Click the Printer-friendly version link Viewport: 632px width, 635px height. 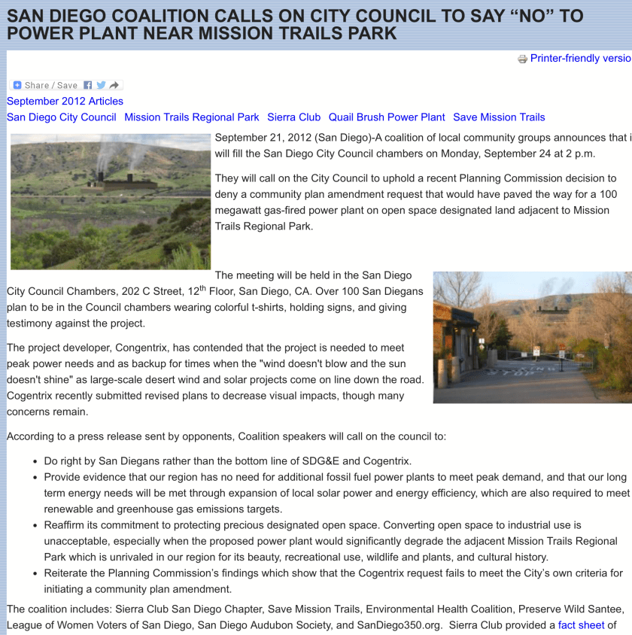coord(580,59)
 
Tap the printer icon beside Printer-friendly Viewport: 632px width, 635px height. coord(522,59)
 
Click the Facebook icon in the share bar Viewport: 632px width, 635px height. coord(88,85)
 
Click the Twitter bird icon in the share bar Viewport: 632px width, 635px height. coord(101,85)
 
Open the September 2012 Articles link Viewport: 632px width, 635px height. coord(65,101)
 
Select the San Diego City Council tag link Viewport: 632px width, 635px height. coord(62,117)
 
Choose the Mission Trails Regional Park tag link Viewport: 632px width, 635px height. coord(192,117)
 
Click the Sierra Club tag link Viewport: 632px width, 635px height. coord(293,117)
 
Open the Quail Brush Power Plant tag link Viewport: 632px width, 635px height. coord(387,117)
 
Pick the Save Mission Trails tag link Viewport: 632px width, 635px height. coord(499,117)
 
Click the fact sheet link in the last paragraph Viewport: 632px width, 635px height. coord(581,625)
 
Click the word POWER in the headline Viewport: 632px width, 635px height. coord(43,33)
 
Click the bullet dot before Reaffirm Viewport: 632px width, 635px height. coord(36,526)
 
